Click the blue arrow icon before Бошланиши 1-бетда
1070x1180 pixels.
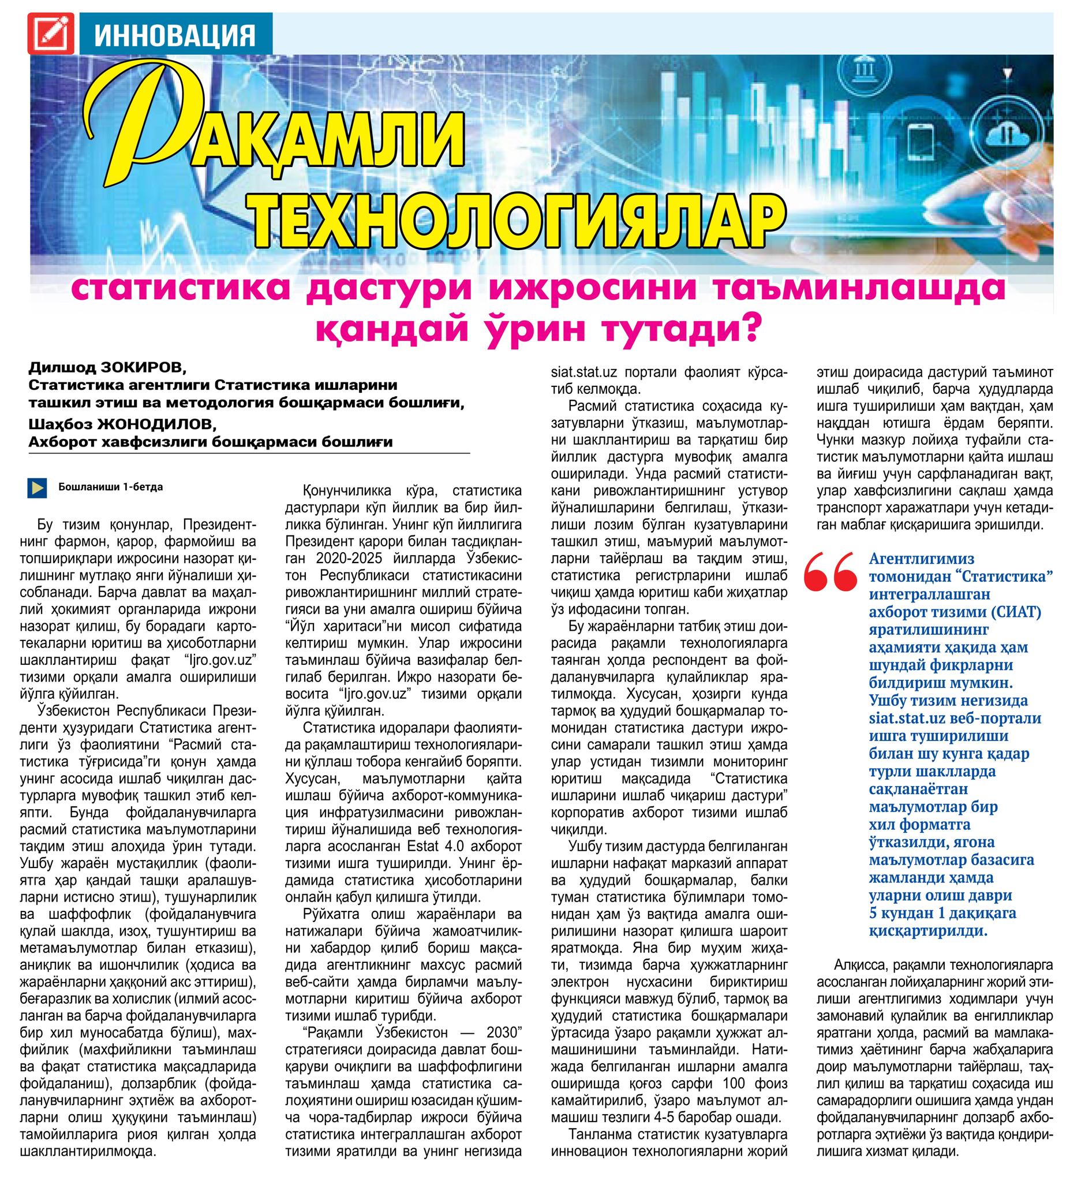[x=37, y=487]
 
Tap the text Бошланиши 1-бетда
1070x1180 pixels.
[x=111, y=487]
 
